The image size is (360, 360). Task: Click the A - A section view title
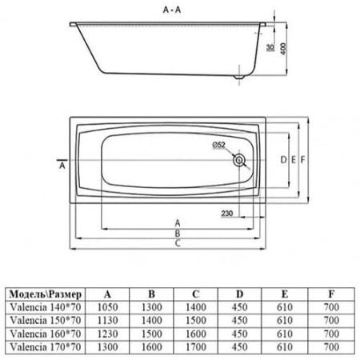pyautogui.click(x=172, y=10)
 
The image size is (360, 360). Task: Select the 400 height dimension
pyautogui.click(x=283, y=49)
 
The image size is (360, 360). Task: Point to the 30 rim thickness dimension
pyautogui.click(x=270, y=47)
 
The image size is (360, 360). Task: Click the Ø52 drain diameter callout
pyautogui.click(x=218, y=145)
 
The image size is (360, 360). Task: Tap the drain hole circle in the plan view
pyautogui.click(x=238, y=160)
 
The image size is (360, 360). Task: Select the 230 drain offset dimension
pyautogui.click(x=227, y=214)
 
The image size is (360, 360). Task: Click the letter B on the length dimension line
pyautogui.click(x=178, y=234)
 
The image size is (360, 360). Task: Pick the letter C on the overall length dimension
pyautogui.click(x=178, y=243)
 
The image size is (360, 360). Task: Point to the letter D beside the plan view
pyautogui.click(x=283, y=160)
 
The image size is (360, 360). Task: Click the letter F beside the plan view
pyautogui.click(x=302, y=160)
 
